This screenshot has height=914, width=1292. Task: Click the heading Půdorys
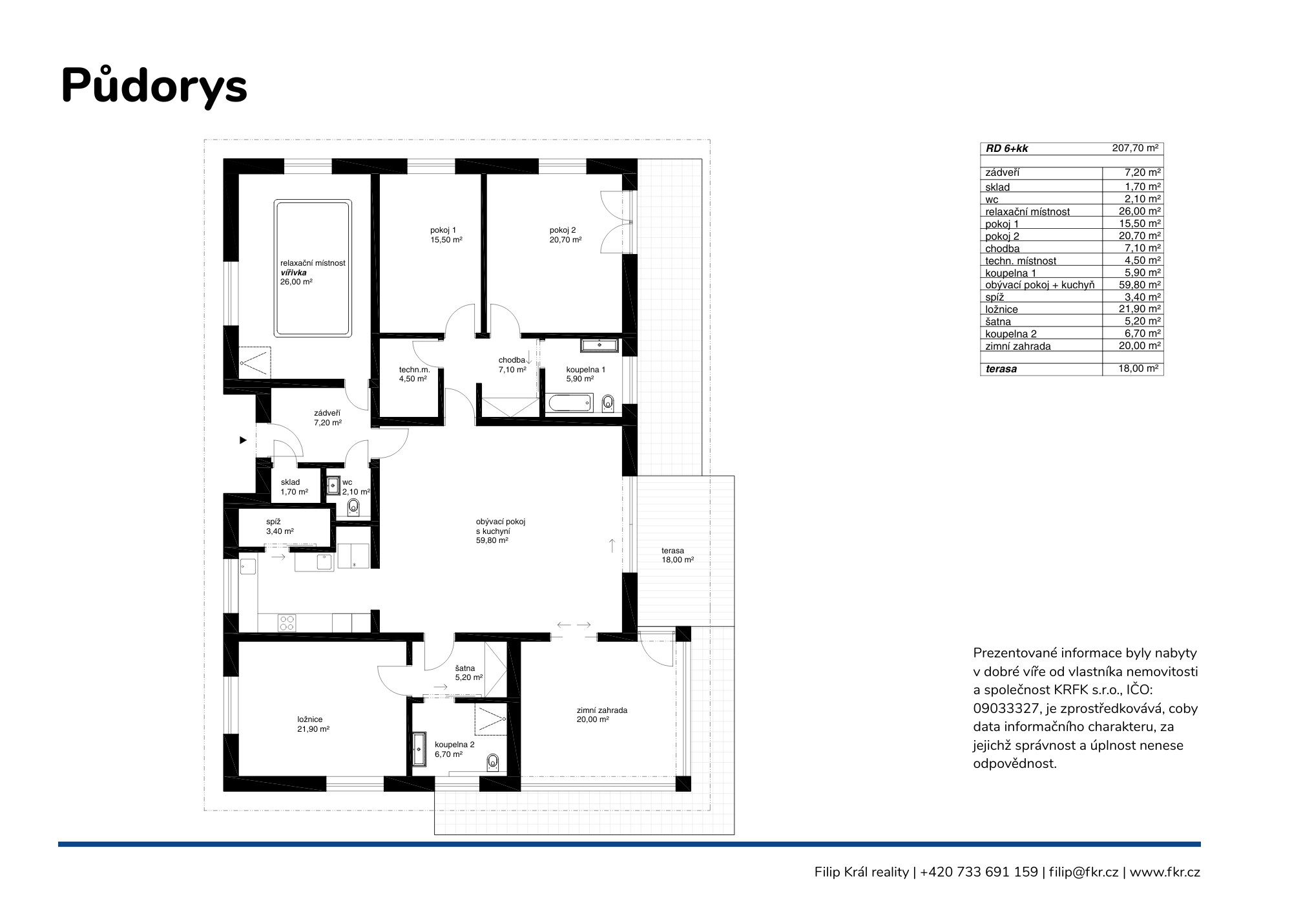click(154, 86)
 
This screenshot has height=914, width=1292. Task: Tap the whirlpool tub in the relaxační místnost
click(313, 268)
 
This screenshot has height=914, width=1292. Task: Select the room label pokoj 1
click(443, 230)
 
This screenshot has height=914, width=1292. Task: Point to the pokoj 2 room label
click(563, 230)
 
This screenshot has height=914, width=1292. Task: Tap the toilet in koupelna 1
click(607, 403)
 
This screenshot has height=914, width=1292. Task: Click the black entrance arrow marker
click(244, 440)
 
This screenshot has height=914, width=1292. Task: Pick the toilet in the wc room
click(353, 506)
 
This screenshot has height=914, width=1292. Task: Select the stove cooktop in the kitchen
click(287, 622)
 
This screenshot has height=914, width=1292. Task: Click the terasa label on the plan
click(672, 551)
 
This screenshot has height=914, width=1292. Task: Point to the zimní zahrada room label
click(602, 710)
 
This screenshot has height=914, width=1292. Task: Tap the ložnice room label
click(310, 719)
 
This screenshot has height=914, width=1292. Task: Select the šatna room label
click(465, 668)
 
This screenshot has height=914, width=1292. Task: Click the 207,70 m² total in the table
click(1135, 148)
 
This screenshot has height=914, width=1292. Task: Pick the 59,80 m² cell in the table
click(1140, 284)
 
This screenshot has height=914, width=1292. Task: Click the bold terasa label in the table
click(1001, 369)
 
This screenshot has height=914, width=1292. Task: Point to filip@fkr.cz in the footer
click(1083, 872)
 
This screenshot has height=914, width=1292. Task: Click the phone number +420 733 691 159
click(979, 872)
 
